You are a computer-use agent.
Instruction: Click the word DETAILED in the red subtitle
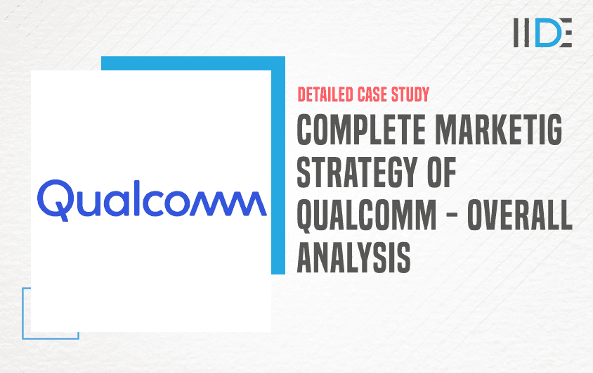point(325,95)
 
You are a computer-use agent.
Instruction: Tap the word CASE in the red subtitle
point(372,95)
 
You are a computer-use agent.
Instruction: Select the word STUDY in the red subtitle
point(410,95)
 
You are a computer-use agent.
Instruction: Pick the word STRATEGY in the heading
point(357,172)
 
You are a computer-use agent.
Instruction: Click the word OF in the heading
point(442,172)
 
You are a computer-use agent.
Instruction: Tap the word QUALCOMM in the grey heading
point(367,216)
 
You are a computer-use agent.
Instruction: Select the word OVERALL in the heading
point(520,215)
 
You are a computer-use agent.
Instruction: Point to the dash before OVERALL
point(452,216)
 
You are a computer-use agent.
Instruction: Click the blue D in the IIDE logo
point(547,32)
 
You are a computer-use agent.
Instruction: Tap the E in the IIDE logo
point(566,32)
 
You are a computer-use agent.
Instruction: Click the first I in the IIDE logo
point(516,32)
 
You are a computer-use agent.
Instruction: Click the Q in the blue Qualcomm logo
point(55,200)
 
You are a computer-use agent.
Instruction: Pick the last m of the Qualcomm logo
point(247,203)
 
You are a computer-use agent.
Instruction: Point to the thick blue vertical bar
point(278,165)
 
